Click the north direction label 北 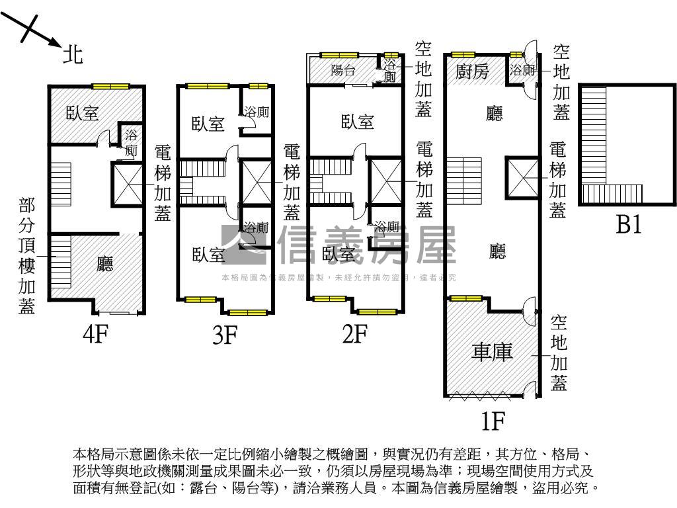[73, 54]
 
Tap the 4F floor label [95, 335]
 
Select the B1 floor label [629, 226]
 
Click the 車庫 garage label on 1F [492, 352]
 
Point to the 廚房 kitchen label [473, 71]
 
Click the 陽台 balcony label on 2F [342, 71]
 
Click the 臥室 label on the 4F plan [83, 113]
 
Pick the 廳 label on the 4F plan [105, 265]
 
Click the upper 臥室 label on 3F [208, 124]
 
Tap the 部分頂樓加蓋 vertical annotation [27, 256]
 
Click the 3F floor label [225, 335]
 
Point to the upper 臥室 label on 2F [358, 122]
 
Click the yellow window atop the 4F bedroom [110, 85]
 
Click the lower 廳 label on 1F [497, 251]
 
